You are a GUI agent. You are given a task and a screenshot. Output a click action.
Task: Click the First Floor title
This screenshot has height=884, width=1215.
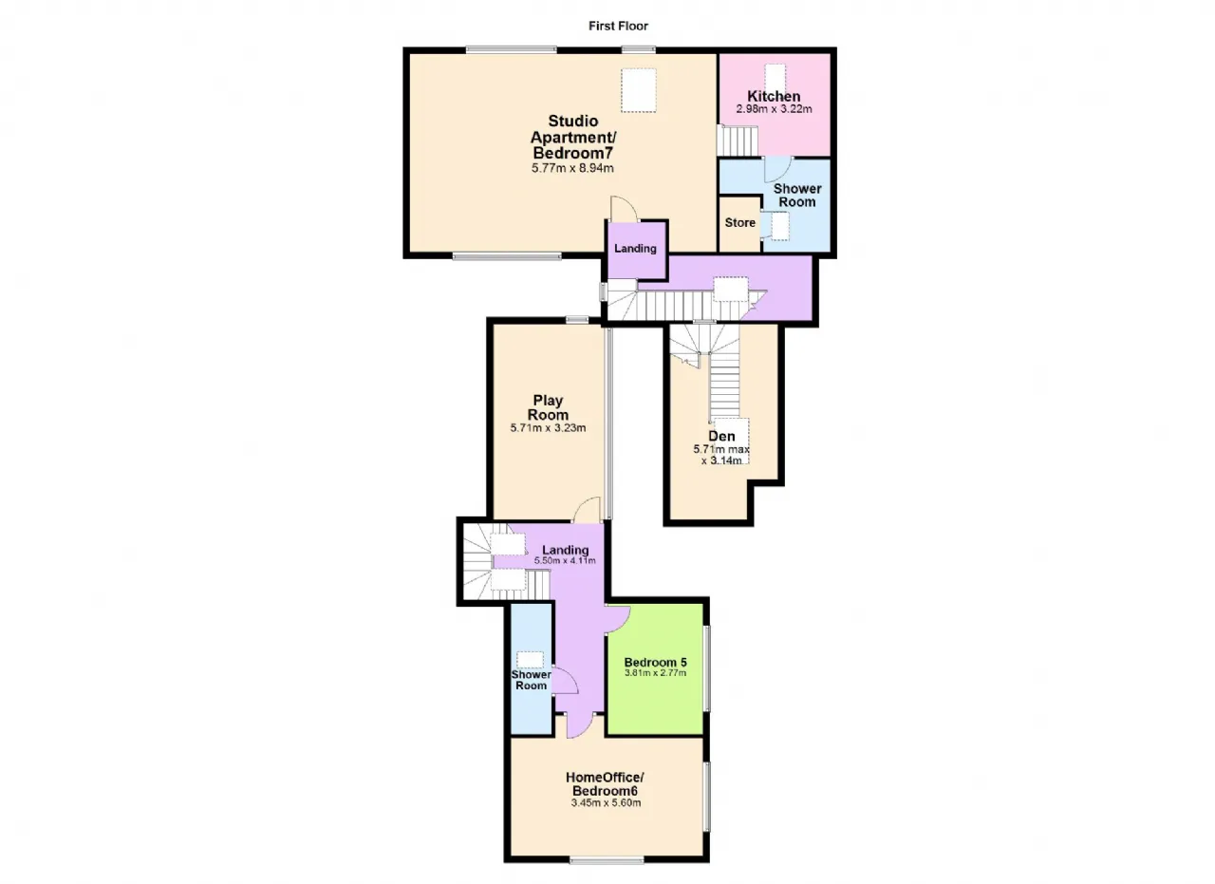click(x=618, y=26)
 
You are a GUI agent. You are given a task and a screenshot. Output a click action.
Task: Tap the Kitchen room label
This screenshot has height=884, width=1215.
click(x=774, y=96)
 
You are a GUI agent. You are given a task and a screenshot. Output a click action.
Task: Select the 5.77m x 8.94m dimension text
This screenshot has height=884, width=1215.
click(x=572, y=168)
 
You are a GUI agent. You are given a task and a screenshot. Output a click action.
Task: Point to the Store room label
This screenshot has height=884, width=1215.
click(x=739, y=223)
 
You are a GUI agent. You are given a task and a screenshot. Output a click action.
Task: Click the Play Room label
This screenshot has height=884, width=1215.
click(x=548, y=407)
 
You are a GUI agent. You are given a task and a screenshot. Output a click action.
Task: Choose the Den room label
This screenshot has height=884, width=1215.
click(x=721, y=436)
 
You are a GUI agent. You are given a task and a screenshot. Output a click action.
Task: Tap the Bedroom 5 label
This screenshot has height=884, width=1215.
click(x=655, y=662)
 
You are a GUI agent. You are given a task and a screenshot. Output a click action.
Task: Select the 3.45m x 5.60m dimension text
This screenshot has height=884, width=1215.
click(x=606, y=802)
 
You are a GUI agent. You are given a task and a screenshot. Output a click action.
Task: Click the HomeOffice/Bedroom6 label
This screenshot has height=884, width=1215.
click(x=605, y=783)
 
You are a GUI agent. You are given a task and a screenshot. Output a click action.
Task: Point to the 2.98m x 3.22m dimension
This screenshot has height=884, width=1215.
click(x=774, y=109)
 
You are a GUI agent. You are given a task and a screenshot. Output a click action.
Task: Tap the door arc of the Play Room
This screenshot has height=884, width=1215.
click(x=587, y=510)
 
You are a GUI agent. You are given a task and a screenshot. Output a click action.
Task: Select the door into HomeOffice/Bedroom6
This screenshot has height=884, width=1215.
click(x=580, y=726)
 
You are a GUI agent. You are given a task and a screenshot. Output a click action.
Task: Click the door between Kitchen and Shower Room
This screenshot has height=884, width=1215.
click(x=778, y=169)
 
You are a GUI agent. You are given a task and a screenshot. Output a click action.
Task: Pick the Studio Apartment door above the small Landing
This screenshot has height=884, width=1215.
click(x=624, y=208)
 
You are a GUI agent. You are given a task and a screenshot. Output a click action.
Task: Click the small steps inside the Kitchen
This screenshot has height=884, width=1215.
click(x=738, y=141)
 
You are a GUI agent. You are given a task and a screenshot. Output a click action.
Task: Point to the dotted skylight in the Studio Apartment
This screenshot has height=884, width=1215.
click(x=639, y=90)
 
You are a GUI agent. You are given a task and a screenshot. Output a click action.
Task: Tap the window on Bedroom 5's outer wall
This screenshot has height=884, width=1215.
click(x=707, y=668)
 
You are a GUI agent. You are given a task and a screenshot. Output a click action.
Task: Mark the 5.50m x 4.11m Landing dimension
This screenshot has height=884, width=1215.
click(x=565, y=560)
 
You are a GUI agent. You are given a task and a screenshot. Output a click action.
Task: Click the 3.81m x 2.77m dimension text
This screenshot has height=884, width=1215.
click(x=655, y=673)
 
